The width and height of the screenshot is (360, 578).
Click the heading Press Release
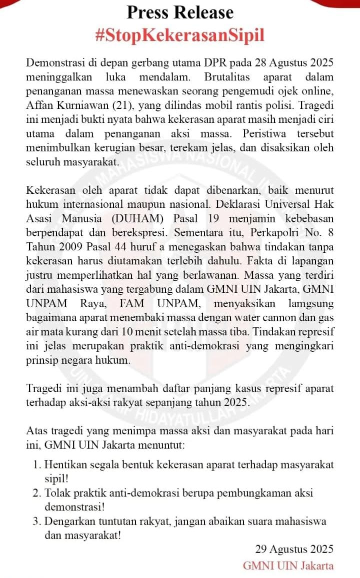click(x=180, y=11)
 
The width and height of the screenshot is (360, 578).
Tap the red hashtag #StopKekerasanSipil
click(x=179, y=35)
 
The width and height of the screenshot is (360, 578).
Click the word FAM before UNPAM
click(x=131, y=303)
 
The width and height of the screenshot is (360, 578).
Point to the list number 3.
click(x=38, y=522)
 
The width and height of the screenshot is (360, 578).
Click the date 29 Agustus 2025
click(x=294, y=550)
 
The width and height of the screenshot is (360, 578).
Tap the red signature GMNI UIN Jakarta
click(x=288, y=566)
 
